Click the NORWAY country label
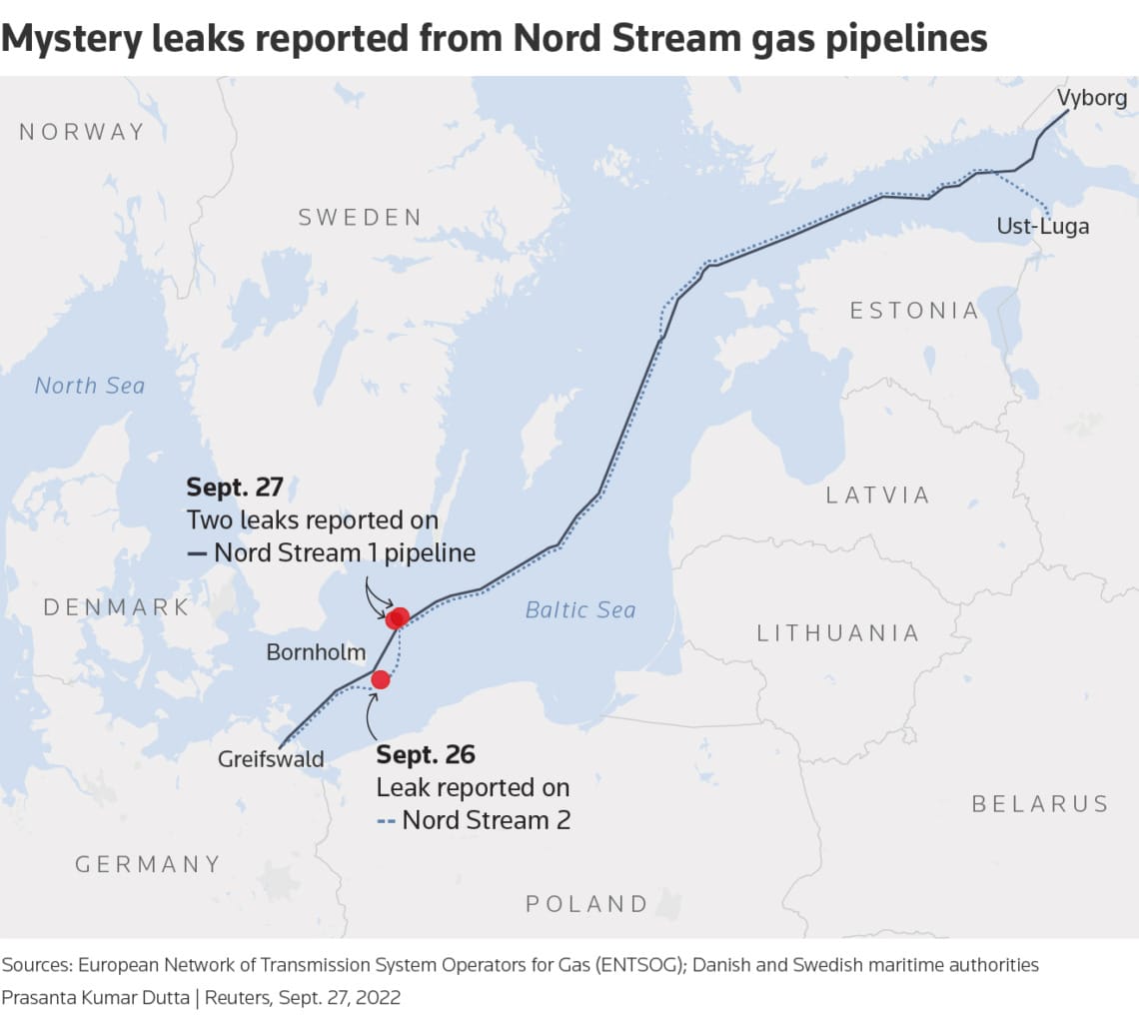coord(82,132)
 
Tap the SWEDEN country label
coord(360,218)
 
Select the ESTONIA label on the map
coord(914,311)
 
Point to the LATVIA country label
coord(878,495)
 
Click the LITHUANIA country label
coord(838,632)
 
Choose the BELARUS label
coord(1040,804)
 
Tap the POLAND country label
coord(587,904)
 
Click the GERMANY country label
coord(148,864)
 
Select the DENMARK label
coord(116,607)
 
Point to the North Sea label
coord(90,386)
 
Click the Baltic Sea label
coord(580,609)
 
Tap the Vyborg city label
coord(1092,98)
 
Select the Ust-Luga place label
coord(1043,227)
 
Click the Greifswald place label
coord(271,759)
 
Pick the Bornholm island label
coord(316,653)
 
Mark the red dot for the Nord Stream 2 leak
coord(381,679)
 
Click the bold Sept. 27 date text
coord(235,488)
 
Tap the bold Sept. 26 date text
coord(426,754)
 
